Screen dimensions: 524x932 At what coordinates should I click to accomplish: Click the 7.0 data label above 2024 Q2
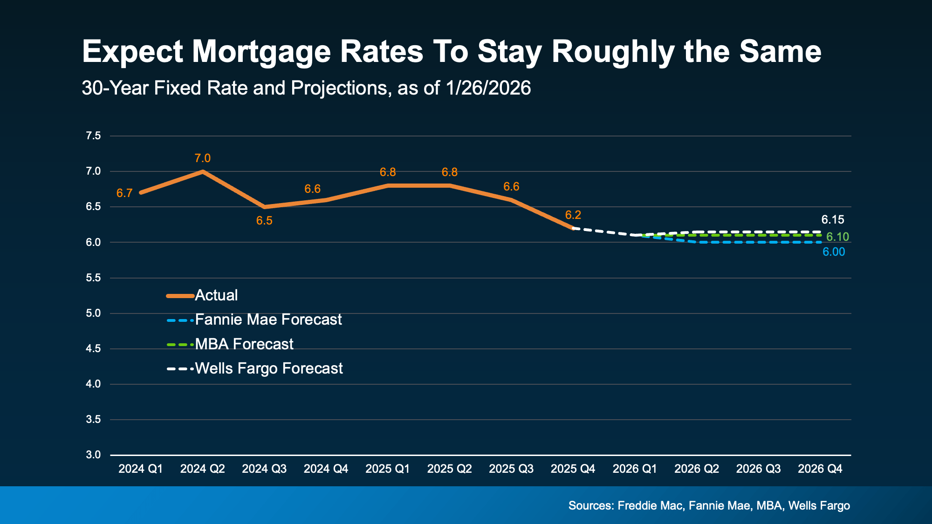pyautogui.click(x=202, y=158)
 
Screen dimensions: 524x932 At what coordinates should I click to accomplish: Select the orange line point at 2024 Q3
pyautogui.click(x=264, y=207)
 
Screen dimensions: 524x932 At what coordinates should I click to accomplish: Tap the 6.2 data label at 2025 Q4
pyautogui.click(x=573, y=215)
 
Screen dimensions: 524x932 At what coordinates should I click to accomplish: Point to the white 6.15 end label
pyautogui.click(x=832, y=220)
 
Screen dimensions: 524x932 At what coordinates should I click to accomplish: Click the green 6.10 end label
pyautogui.click(x=837, y=237)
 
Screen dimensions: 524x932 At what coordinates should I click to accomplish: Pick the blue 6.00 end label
pyautogui.click(x=833, y=252)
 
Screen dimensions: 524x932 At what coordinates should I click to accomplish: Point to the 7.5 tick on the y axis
pyautogui.click(x=93, y=136)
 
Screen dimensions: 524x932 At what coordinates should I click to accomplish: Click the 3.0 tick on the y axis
pyautogui.click(x=93, y=455)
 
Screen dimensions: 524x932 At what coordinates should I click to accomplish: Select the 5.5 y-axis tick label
pyautogui.click(x=93, y=278)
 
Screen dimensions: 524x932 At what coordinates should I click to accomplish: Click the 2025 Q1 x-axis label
pyautogui.click(x=387, y=469)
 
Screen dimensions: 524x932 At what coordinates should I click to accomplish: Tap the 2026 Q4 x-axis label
pyautogui.click(x=820, y=469)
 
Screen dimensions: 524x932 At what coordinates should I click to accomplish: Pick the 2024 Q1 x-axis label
pyautogui.click(x=140, y=469)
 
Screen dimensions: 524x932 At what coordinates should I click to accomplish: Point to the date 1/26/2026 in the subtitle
pyautogui.click(x=488, y=88)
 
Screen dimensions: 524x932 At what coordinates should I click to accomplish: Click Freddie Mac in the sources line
pyautogui.click(x=651, y=506)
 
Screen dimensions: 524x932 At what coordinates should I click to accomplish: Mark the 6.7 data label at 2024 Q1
pyautogui.click(x=124, y=193)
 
